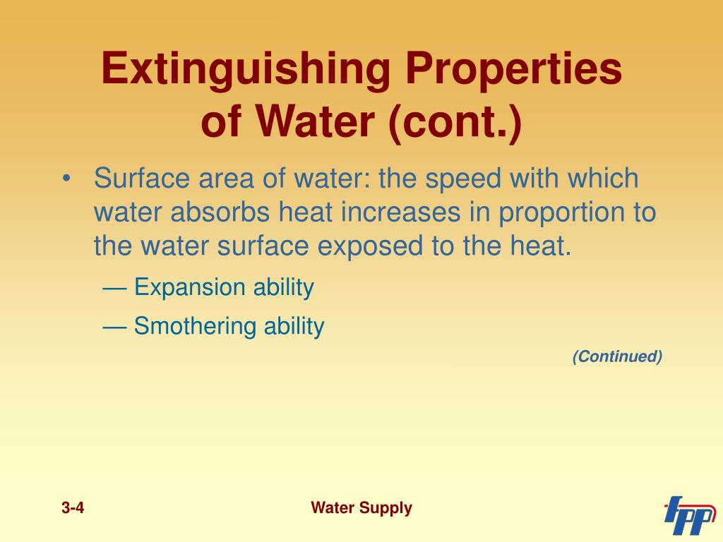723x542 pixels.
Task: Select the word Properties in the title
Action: click(514, 70)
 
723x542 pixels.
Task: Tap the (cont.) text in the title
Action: click(455, 122)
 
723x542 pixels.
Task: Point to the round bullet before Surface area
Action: click(67, 179)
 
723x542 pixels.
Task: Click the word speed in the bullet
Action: click(463, 179)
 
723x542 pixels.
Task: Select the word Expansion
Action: click(189, 288)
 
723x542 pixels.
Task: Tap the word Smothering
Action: click(194, 326)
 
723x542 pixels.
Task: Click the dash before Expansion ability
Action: click(114, 289)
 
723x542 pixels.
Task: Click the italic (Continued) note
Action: click(617, 356)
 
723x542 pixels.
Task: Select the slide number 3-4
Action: click(73, 508)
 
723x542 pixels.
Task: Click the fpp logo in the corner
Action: click(689, 516)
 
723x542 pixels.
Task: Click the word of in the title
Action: click(221, 123)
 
